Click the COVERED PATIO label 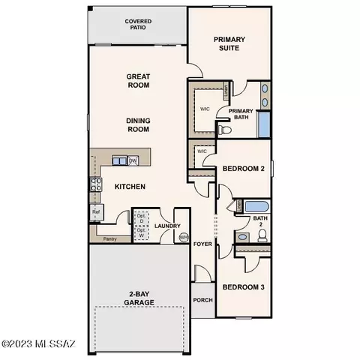[x=137, y=26]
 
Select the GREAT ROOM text [x=137, y=80]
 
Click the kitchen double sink [x=119, y=160]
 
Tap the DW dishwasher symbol [x=133, y=160]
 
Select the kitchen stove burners [x=96, y=184]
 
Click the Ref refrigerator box [x=96, y=214]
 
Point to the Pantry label [x=109, y=240]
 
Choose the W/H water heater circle [x=184, y=237]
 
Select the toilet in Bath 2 [x=262, y=235]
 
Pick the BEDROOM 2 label [x=244, y=169]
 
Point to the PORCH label [x=202, y=301]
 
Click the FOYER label [x=202, y=244]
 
